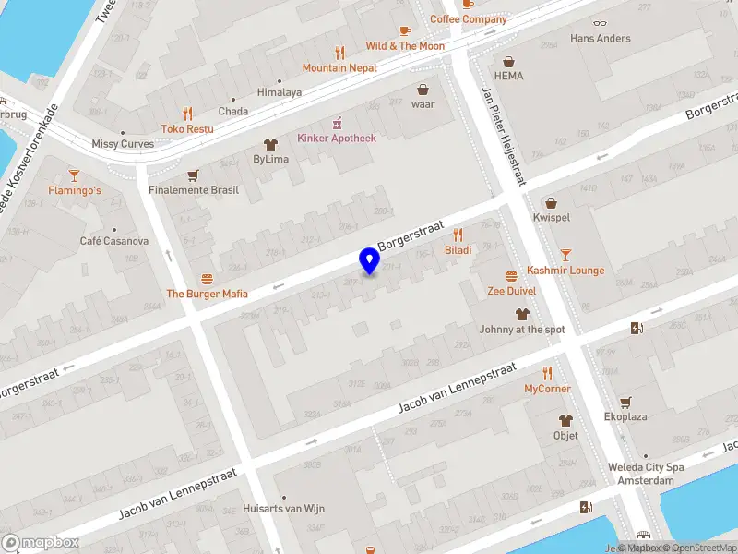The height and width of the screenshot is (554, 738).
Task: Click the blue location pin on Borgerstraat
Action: pos(370,260)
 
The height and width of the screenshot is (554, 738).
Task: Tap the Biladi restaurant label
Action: pos(458,250)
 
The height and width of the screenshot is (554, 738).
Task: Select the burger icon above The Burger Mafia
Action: pos(207,279)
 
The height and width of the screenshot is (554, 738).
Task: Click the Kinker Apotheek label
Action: pos(337,138)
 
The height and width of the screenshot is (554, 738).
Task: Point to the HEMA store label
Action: pos(507,76)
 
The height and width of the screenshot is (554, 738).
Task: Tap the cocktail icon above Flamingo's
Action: pos(75,175)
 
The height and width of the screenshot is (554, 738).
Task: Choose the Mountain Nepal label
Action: pos(340,67)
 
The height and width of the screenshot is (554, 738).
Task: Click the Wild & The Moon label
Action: pos(405,46)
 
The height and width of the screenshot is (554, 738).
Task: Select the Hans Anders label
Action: pos(601,39)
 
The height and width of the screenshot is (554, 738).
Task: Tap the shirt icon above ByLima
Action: pos(270,143)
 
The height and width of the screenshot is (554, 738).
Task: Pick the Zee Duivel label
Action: pos(511,291)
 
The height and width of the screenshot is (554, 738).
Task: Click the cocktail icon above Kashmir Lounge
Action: pos(565,254)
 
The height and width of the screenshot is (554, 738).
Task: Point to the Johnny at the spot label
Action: pos(522,329)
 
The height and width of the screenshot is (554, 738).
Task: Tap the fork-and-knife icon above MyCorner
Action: pos(547,373)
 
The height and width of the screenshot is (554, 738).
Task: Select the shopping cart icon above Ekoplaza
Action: pos(625,402)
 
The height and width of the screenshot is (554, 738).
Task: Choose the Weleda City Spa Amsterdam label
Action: pos(646,473)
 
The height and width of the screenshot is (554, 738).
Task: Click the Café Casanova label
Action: pos(114,241)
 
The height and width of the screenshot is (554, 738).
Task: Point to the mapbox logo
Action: pos(39,543)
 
